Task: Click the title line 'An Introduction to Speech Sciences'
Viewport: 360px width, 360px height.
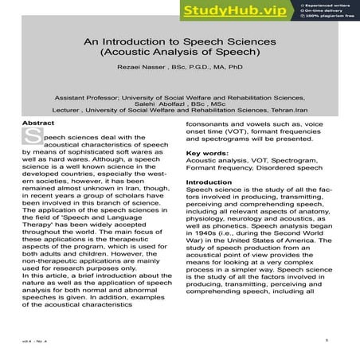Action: tap(180, 41)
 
